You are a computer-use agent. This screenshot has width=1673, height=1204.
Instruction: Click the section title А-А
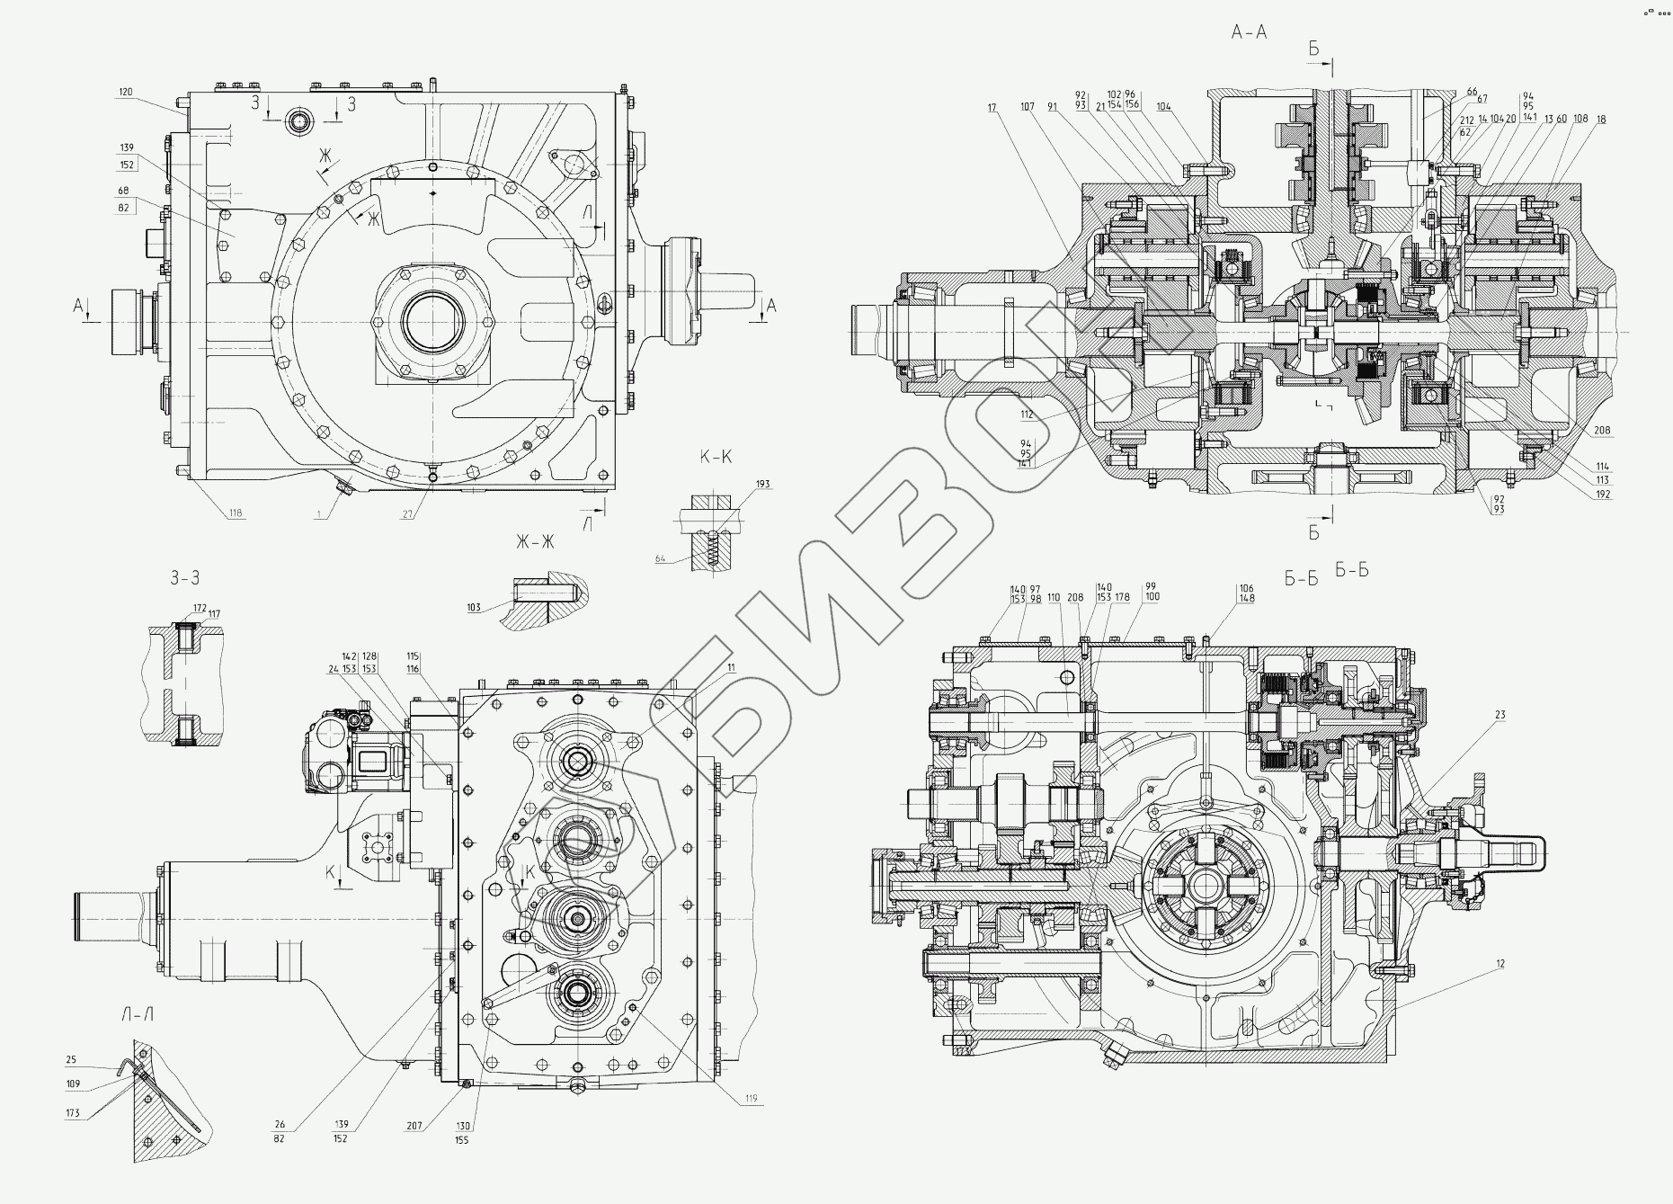(1249, 33)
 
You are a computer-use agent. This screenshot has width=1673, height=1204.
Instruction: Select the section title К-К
(716, 457)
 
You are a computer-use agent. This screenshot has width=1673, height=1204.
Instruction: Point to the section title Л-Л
(136, 1015)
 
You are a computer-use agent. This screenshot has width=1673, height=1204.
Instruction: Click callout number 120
(125, 92)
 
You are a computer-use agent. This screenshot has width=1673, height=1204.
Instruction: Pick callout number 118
(235, 513)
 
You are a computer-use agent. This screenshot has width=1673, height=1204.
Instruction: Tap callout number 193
(762, 484)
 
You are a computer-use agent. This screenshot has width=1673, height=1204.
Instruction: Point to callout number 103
(474, 607)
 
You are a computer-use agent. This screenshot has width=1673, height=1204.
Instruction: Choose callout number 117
(213, 614)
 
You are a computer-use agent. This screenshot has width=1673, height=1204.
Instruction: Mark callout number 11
(731, 668)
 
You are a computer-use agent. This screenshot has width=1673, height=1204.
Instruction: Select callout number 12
(1499, 964)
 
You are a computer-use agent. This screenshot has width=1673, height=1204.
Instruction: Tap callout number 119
(751, 1098)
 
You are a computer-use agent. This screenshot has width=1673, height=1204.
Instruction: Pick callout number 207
(415, 1125)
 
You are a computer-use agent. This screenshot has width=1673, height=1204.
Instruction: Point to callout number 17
(992, 108)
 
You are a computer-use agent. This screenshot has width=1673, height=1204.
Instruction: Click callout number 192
(1603, 494)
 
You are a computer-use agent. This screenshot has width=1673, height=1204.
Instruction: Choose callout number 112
(1027, 415)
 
